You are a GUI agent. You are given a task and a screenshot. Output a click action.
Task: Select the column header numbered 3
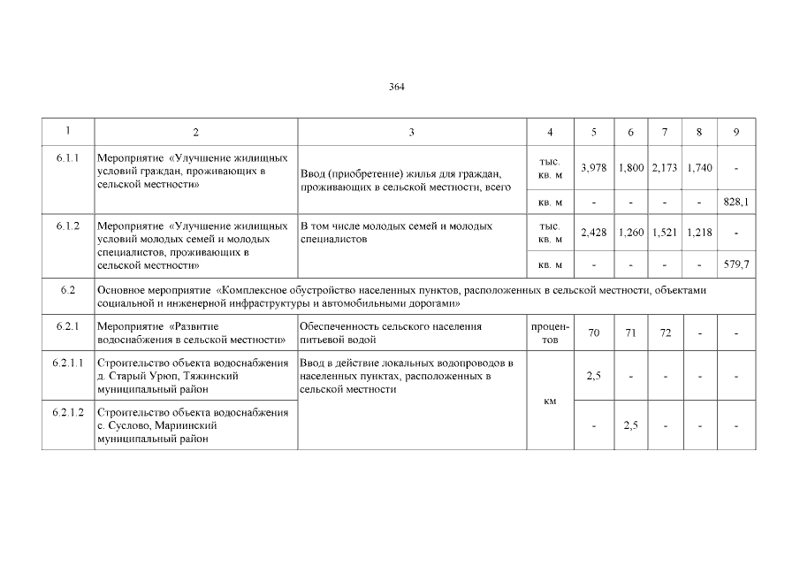(411, 133)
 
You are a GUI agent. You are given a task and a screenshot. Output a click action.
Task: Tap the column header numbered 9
(735, 133)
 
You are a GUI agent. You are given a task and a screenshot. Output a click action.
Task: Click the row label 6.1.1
(67, 158)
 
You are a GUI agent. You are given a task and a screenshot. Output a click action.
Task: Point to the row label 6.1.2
(67, 226)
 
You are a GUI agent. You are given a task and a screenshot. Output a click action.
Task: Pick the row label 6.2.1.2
(67, 413)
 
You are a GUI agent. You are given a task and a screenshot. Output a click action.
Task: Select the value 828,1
(735, 202)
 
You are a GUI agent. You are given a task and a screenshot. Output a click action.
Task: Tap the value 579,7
(735, 264)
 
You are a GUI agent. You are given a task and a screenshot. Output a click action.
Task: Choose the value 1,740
(698, 167)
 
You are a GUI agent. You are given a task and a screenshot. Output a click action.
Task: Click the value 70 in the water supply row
(593, 333)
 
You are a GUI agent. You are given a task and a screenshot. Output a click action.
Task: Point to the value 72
(664, 333)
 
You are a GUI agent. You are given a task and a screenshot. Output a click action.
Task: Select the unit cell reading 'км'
(550, 401)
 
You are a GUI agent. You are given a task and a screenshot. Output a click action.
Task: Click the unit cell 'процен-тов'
(550, 333)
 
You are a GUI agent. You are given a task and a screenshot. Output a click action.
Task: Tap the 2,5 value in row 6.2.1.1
(593, 375)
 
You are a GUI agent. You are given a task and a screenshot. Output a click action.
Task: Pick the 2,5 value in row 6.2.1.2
(629, 425)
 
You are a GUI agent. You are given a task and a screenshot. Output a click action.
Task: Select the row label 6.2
(67, 290)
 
